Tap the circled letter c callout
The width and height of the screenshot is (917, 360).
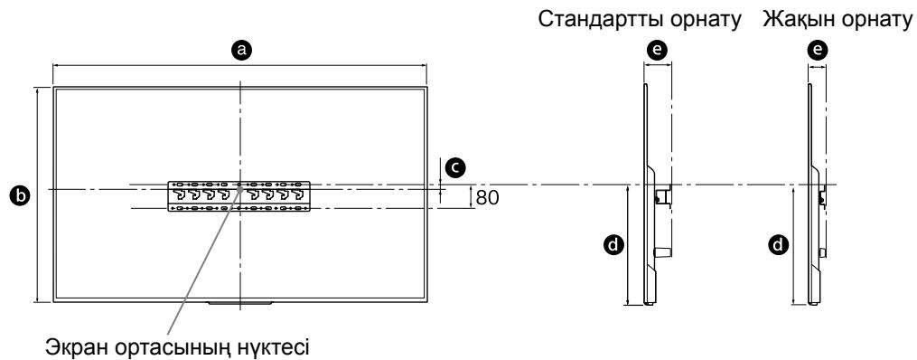tap(457, 166)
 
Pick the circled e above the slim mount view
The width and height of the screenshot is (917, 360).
tap(818, 52)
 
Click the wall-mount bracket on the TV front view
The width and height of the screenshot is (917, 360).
tap(240, 196)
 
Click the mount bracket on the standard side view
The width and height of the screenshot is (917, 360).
tap(661, 194)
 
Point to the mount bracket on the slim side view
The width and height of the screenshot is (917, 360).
tap(822, 194)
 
